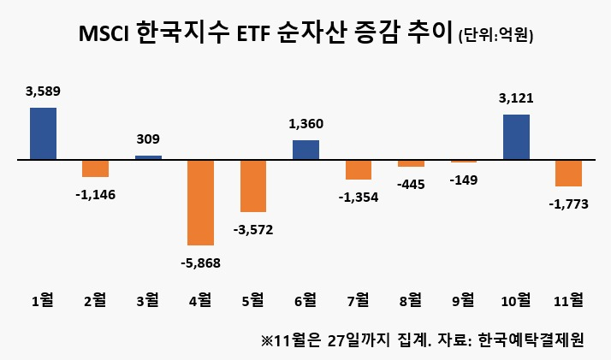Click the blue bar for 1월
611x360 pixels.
(44, 133)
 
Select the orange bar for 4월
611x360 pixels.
(201, 203)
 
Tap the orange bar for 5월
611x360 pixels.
(253, 186)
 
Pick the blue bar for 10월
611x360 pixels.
(516, 137)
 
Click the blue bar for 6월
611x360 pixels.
(305, 150)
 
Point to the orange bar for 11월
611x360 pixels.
(569, 174)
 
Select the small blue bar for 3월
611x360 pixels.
(148, 157)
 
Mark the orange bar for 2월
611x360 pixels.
(96, 168)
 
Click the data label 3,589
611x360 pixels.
(44, 91)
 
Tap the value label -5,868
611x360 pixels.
(201, 263)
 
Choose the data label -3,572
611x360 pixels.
(253, 230)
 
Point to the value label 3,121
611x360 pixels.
(516, 98)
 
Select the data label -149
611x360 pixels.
(464, 180)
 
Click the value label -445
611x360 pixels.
(411, 185)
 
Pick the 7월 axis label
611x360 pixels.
(359, 300)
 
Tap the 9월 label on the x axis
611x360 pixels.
(464, 300)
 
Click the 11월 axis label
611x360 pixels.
(569, 300)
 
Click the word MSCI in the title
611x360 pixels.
(104, 34)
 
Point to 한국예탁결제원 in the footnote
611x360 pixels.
(531, 339)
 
